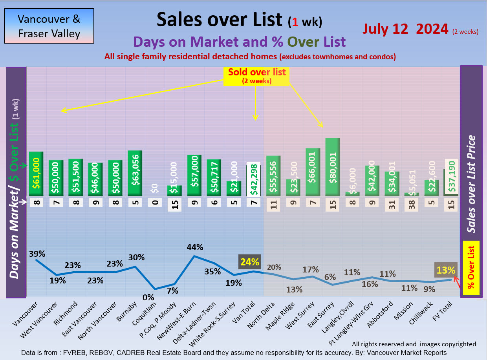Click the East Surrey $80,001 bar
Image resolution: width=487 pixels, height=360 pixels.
click(333, 167)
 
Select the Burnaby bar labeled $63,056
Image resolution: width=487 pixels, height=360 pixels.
click(135, 173)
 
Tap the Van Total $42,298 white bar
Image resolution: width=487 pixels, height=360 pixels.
click(254, 179)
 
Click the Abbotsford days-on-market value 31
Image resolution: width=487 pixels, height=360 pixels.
click(392, 204)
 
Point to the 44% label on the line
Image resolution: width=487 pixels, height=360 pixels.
click(195, 247)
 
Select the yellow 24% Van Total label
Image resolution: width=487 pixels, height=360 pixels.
click(250, 262)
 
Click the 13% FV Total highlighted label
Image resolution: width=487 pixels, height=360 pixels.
click(445, 270)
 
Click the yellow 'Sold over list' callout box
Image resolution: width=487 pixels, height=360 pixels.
click(257, 76)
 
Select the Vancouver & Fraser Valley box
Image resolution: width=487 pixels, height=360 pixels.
click(49, 26)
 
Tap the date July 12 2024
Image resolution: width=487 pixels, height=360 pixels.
click(405, 29)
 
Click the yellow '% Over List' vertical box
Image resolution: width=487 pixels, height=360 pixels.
click(471, 267)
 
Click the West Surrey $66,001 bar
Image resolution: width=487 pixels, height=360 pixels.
click(313, 172)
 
